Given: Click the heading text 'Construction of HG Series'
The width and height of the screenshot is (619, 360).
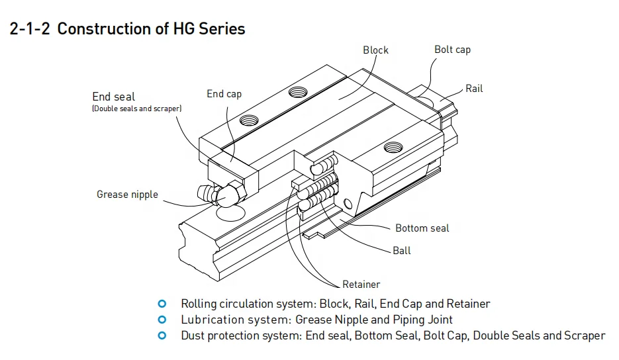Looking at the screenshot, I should (x=151, y=29).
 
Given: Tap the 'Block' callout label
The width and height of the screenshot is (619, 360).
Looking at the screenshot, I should (x=375, y=50).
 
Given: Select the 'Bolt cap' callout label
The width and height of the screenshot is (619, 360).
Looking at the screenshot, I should (x=452, y=50).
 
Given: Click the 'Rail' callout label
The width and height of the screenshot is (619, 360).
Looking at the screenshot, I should (x=474, y=89).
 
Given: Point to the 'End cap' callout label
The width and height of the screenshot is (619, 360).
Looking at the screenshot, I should (x=224, y=94).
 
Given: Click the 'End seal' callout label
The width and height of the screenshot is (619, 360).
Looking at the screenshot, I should (x=113, y=97).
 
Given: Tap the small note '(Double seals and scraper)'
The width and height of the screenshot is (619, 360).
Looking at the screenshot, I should (x=136, y=109).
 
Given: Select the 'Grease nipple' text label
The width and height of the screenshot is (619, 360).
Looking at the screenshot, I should (x=127, y=195).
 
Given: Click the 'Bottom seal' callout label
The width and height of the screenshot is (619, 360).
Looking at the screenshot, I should (x=422, y=228).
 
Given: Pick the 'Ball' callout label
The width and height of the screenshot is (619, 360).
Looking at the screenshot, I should (x=401, y=250).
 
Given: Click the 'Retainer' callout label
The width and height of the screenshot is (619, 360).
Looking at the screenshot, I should (x=361, y=285).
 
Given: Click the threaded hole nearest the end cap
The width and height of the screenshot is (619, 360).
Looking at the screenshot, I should (x=250, y=120).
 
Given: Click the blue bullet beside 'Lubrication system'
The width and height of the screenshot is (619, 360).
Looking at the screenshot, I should (x=162, y=320).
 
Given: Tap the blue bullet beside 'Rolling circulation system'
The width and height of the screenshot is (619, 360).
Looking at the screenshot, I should (x=162, y=304).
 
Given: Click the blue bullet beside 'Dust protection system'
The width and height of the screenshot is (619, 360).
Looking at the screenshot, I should (x=162, y=336).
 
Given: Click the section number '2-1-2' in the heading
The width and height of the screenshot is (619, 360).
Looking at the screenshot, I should (x=30, y=29).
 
